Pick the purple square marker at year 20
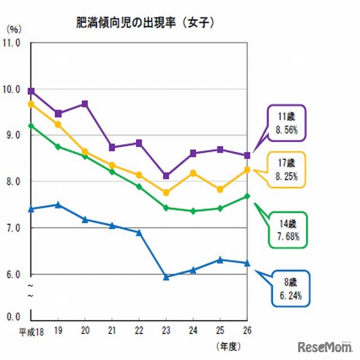click(85, 103)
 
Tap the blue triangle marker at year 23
click(166, 277)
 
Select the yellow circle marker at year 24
click(193, 173)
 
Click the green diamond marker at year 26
click(247, 196)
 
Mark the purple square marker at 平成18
click(31, 91)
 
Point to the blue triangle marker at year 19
click(58, 204)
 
